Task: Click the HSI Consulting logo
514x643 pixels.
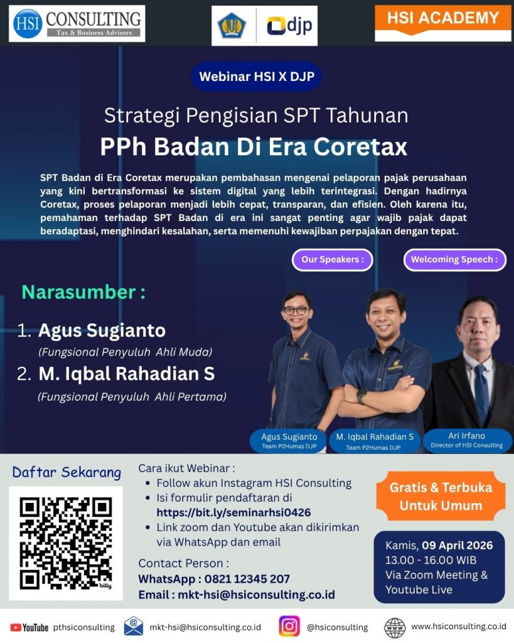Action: (77, 23)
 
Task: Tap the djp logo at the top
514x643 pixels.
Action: (289, 26)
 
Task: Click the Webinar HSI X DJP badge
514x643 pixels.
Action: (256, 77)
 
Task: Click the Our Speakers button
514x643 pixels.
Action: (333, 259)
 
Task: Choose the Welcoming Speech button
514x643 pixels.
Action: (454, 259)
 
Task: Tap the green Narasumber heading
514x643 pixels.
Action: (83, 292)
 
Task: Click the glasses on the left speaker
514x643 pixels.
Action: (296, 310)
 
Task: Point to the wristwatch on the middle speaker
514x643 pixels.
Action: (361, 396)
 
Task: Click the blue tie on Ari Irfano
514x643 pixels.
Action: (481, 393)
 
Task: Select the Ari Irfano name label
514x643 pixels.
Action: (467, 440)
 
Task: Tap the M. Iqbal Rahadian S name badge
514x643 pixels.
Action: (375, 441)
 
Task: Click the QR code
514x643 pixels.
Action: (65, 543)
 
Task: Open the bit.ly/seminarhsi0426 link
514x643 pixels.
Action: (233, 512)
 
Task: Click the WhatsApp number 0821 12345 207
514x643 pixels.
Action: (247, 579)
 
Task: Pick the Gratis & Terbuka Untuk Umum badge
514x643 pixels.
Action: (441, 496)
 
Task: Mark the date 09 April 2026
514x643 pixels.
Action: (458, 546)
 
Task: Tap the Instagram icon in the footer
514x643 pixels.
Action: (289, 626)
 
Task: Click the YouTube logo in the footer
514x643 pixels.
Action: (29, 627)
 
